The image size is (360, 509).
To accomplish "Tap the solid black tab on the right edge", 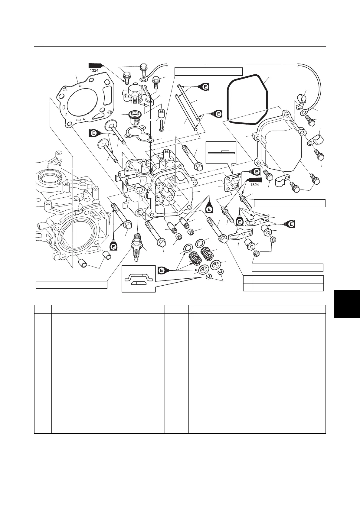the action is click(347, 304).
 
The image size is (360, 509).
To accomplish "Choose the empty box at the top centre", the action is click(209, 71).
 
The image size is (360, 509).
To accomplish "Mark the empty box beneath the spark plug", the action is click(71, 285).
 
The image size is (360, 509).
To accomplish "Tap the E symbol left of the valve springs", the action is click(162, 270).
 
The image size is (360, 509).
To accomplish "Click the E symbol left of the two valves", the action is click(94, 132).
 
